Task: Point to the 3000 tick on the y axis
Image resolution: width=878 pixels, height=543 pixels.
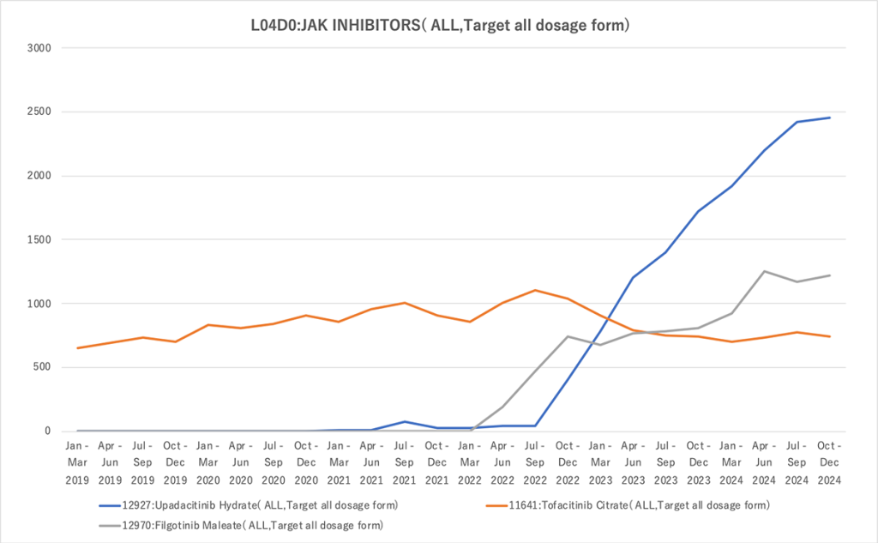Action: pos(39,48)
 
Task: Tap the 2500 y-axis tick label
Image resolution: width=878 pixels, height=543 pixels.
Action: pos(39,112)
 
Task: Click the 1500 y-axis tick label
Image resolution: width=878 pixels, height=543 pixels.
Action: pos(39,239)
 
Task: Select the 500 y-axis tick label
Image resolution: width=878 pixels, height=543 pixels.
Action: pos(43,367)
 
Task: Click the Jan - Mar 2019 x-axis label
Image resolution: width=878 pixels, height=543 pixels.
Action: pos(78,462)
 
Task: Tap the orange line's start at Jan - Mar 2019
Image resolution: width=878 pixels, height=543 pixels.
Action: pos(78,347)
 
